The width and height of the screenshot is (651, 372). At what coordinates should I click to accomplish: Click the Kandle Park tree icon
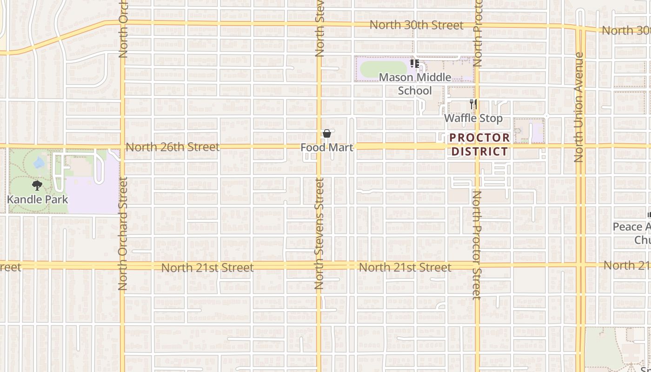pyautogui.click(x=37, y=186)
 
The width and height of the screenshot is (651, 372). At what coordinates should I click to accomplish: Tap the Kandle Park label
pyautogui.click(x=38, y=199)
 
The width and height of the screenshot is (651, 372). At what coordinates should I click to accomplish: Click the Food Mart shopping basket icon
pyautogui.click(x=327, y=134)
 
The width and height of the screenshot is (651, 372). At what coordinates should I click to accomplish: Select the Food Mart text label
pyautogui.click(x=327, y=147)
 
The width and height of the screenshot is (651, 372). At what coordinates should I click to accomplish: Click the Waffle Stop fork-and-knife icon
pyautogui.click(x=473, y=104)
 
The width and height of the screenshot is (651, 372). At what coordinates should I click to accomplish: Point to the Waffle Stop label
pyautogui.click(x=473, y=118)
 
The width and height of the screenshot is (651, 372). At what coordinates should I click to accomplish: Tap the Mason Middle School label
pyautogui.click(x=415, y=84)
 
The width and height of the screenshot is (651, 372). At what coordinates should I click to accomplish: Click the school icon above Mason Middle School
pyautogui.click(x=415, y=64)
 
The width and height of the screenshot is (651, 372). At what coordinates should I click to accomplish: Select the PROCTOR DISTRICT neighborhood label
pyautogui.click(x=479, y=145)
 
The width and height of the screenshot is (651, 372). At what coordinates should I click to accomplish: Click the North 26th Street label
pyautogui.click(x=173, y=147)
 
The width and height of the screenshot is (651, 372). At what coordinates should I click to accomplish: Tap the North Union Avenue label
pyautogui.click(x=578, y=107)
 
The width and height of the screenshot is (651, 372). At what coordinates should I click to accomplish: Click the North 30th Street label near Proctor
pyautogui.click(x=417, y=25)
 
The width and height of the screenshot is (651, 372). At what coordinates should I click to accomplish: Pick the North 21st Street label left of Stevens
pyautogui.click(x=207, y=268)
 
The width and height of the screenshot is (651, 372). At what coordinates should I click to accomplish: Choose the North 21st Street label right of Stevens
pyautogui.click(x=405, y=267)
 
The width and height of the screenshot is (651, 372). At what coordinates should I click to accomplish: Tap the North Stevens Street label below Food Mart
pyautogui.click(x=319, y=233)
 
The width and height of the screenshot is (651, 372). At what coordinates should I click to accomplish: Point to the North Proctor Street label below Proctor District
pyautogui.click(x=477, y=245)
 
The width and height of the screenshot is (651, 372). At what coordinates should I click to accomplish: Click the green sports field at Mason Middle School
pyautogui.click(x=383, y=69)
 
